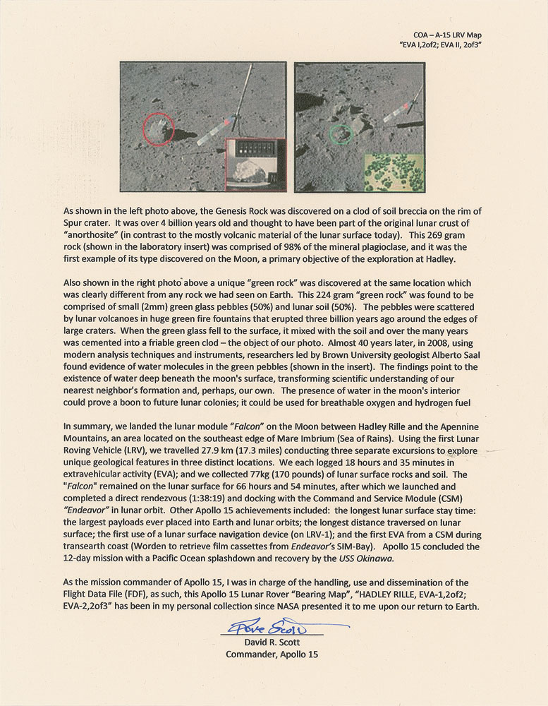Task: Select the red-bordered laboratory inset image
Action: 255,163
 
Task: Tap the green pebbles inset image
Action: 393,173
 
